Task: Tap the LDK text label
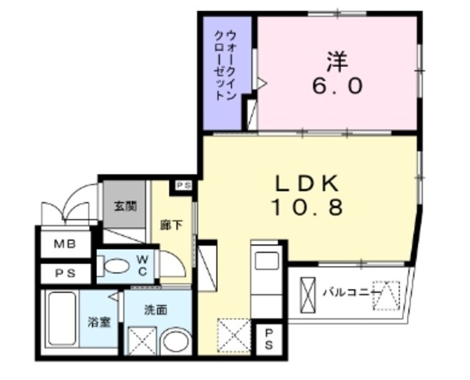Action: [308, 183]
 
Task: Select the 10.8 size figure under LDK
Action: [307, 208]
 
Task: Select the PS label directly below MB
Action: [62, 273]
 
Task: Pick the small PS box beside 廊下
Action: [184, 186]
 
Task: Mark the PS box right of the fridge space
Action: [270, 338]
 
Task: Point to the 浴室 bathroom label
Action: [99, 321]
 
